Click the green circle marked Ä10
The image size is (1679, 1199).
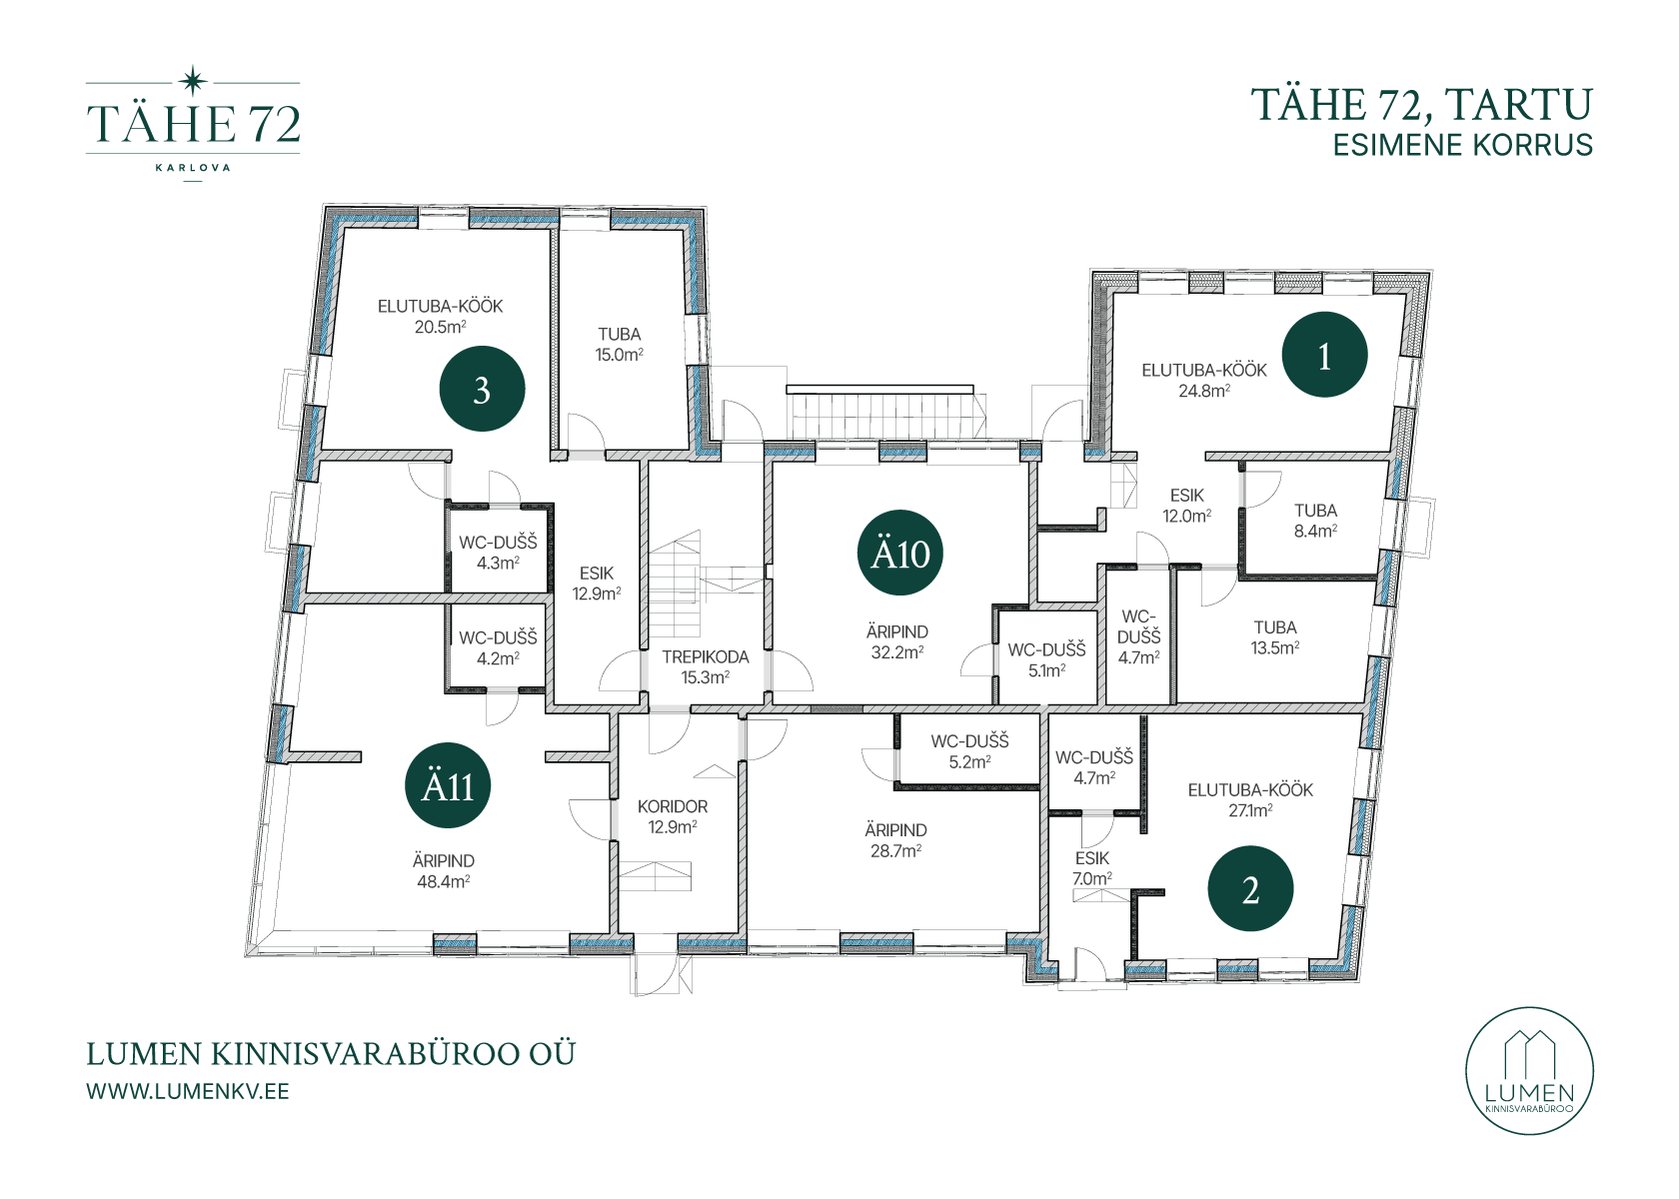coord(899,554)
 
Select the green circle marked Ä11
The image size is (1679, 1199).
coord(448,785)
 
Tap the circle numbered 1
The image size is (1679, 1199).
coord(1324,355)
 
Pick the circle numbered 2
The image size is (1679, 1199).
coord(1250,889)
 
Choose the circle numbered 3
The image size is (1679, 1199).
coord(482,388)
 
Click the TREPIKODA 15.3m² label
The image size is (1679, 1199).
coord(706,667)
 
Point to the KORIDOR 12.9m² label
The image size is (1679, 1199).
coord(673,817)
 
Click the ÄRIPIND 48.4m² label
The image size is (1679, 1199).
coord(444,871)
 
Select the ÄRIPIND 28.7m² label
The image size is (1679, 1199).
coord(895,840)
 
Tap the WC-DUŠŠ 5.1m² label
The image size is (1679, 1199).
coord(1046,660)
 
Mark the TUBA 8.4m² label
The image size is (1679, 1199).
coord(1315,521)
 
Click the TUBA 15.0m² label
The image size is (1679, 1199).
coord(620,345)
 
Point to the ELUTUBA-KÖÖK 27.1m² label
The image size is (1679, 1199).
coord(1250,799)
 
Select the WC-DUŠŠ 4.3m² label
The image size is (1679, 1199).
coord(498,553)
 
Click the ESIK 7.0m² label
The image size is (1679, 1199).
coord(1092,868)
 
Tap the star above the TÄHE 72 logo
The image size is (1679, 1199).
coord(193,81)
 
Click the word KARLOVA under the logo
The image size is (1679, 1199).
coord(193,168)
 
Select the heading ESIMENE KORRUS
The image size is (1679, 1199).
coord(1462,145)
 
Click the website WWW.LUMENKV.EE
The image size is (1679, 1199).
coord(188,1091)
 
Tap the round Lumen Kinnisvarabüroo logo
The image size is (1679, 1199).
coord(1529,1071)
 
